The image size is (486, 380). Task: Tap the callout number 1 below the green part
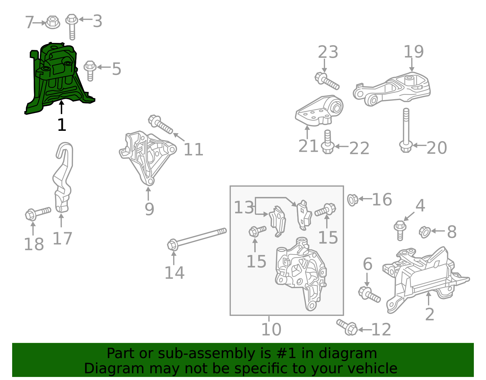pyautogui.click(x=62, y=125)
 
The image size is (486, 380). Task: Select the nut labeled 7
pyautogui.click(x=52, y=22)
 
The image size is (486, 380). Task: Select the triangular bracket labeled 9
pyautogui.click(x=147, y=157)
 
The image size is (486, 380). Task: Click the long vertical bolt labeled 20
pyautogui.click(x=406, y=131)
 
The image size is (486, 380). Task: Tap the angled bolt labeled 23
pyautogui.click(x=327, y=81)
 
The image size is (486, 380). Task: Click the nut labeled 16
pyautogui.click(x=353, y=200)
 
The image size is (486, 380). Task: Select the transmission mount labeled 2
pyautogui.click(x=425, y=274)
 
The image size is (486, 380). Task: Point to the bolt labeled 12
pyautogui.click(x=347, y=327)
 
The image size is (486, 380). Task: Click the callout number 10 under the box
pyautogui.click(x=271, y=329)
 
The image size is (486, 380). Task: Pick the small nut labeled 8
pyautogui.click(x=424, y=232)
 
